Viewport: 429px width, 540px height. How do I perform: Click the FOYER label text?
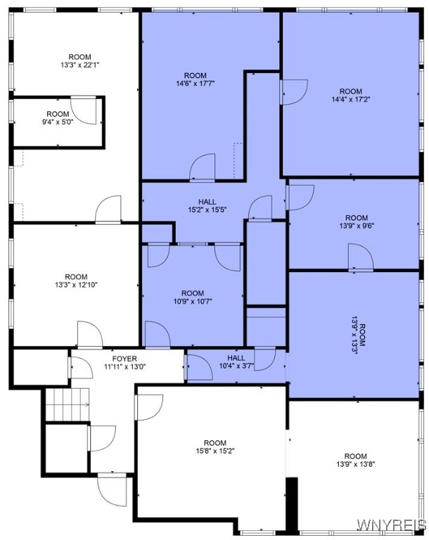tap(124, 359)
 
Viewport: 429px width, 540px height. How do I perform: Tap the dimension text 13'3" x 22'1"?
tap(80, 65)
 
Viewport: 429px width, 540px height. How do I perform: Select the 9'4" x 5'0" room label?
tap(58, 118)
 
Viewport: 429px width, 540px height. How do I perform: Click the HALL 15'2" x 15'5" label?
tap(207, 205)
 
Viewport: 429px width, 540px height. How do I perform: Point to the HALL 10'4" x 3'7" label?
tap(236, 361)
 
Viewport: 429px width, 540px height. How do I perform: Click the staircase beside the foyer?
tap(68, 404)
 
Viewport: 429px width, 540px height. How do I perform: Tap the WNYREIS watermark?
tap(392, 525)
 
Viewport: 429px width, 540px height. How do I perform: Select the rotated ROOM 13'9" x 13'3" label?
tap(359, 335)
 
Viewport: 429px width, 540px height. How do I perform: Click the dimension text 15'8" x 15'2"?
tap(215, 451)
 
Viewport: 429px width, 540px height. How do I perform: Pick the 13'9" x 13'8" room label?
tap(356, 460)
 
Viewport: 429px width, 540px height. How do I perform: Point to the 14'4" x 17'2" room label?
tap(351, 96)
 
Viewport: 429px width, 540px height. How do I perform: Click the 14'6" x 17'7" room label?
tap(196, 79)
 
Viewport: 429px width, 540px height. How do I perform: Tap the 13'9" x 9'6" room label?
tap(357, 221)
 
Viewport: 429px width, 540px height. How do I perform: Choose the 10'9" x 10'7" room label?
tap(193, 297)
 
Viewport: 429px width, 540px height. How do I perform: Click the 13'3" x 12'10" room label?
tap(76, 281)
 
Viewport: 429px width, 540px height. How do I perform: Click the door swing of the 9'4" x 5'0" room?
tap(84, 110)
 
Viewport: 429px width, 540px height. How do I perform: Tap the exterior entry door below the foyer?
tap(111, 490)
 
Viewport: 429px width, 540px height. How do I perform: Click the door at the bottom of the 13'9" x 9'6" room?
tap(361, 257)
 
